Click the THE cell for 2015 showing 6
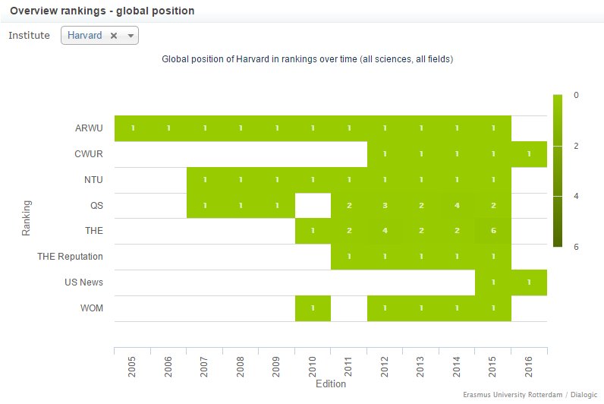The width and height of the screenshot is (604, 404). pos(493,231)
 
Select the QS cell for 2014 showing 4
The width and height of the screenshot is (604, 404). pos(457,205)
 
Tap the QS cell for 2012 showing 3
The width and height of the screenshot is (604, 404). pos(385,205)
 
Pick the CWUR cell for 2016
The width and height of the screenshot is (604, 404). pos(529,154)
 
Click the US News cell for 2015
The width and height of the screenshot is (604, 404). pos(493,282)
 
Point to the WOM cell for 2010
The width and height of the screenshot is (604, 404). pos(313,308)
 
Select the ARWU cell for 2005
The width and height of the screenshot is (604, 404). pos(132,128)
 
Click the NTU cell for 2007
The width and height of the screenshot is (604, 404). pos(204,180)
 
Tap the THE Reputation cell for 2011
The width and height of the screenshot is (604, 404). pos(348,257)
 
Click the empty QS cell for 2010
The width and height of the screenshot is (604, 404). pos(313,205)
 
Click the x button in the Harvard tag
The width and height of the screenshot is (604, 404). pos(114,36)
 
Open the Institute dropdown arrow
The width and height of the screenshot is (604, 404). pos(131,36)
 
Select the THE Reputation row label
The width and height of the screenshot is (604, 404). pos(70,257)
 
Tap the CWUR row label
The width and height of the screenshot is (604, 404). pos(88,154)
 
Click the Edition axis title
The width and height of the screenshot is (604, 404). pos(330,383)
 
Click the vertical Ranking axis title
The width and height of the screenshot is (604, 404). pos(27,218)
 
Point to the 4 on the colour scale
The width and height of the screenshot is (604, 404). pos(576,196)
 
